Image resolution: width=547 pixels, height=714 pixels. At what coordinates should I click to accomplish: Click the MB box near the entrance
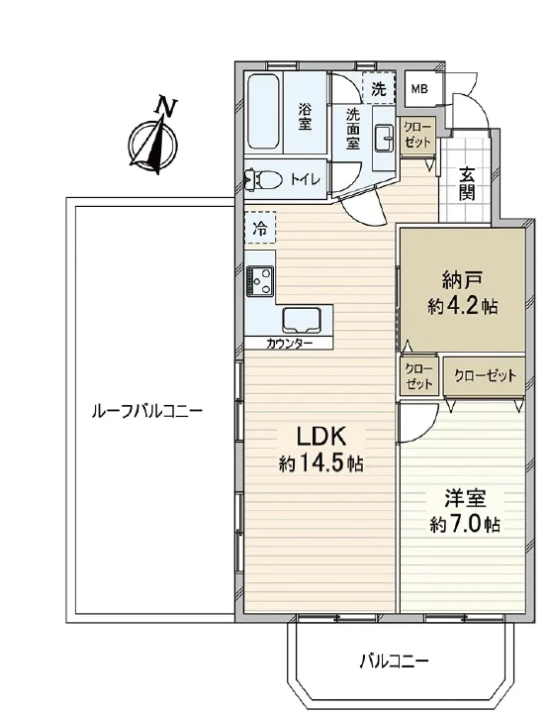(x=420, y=87)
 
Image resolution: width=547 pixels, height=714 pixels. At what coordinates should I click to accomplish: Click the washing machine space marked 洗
(x=377, y=88)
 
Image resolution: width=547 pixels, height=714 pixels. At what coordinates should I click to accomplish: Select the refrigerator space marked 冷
(x=259, y=228)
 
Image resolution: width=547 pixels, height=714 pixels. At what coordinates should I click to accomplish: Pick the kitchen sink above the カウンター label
(x=302, y=319)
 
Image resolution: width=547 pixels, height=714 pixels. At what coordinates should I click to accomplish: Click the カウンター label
(x=290, y=344)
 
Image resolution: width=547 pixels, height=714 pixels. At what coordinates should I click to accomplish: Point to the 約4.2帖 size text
(x=462, y=306)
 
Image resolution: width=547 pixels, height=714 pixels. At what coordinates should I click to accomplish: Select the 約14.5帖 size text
(x=320, y=463)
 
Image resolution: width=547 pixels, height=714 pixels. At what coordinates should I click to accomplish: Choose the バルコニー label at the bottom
(x=394, y=660)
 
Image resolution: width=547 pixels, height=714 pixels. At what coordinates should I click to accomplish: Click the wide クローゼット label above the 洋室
(x=485, y=375)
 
